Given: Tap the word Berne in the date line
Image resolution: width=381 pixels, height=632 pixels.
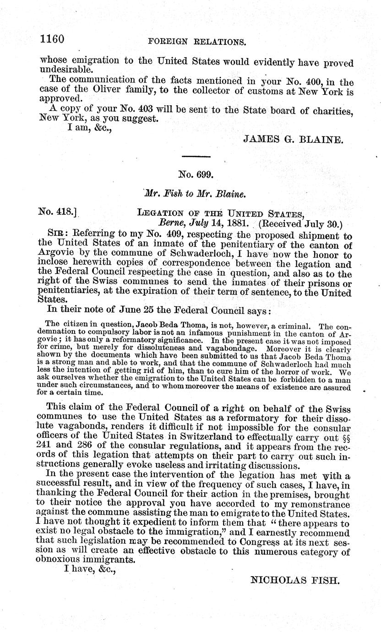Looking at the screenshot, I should (171, 224).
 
